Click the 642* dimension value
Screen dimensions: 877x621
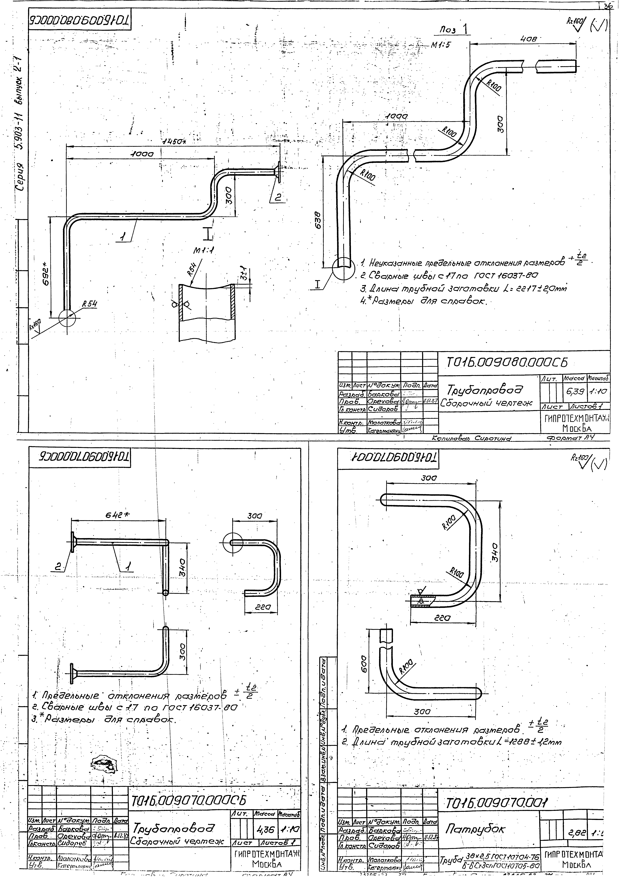pyautogui.click(x=117, y=515)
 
